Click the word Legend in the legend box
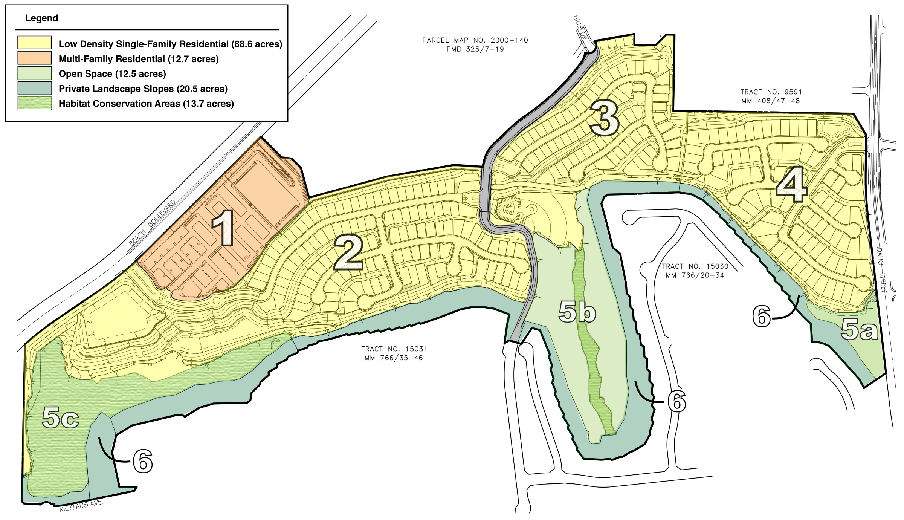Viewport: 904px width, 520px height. (x=41, y=18)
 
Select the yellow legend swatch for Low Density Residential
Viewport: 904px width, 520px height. (x=34, y=43)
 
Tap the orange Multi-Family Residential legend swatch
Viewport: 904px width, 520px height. (x=34, y=58)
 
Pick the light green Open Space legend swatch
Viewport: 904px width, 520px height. (x=34, y=73)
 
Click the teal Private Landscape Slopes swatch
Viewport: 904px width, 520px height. (x=34, y=88)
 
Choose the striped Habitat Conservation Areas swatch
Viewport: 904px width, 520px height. (x=34, y=103)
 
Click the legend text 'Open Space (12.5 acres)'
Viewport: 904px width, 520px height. (x=112, y=74)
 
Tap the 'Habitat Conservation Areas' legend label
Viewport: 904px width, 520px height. (x=119, y=104)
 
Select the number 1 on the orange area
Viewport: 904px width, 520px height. (x=223, y=228)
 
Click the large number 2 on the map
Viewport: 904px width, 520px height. (x=348, y=252)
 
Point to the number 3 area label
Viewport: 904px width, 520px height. (x=604, y=118)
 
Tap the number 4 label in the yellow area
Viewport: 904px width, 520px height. (x=792, y=185)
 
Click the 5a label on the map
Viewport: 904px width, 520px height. (x=859, y=329)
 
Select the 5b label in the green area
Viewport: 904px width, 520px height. (x=577, y=312)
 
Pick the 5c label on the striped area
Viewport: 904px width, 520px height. (x=60, y=418)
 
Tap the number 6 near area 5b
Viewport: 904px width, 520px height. (x=676, y=401)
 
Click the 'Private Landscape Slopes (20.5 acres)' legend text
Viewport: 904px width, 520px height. (x=143, y=89)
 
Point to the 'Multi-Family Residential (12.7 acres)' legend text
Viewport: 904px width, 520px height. (x=139, y=59)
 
